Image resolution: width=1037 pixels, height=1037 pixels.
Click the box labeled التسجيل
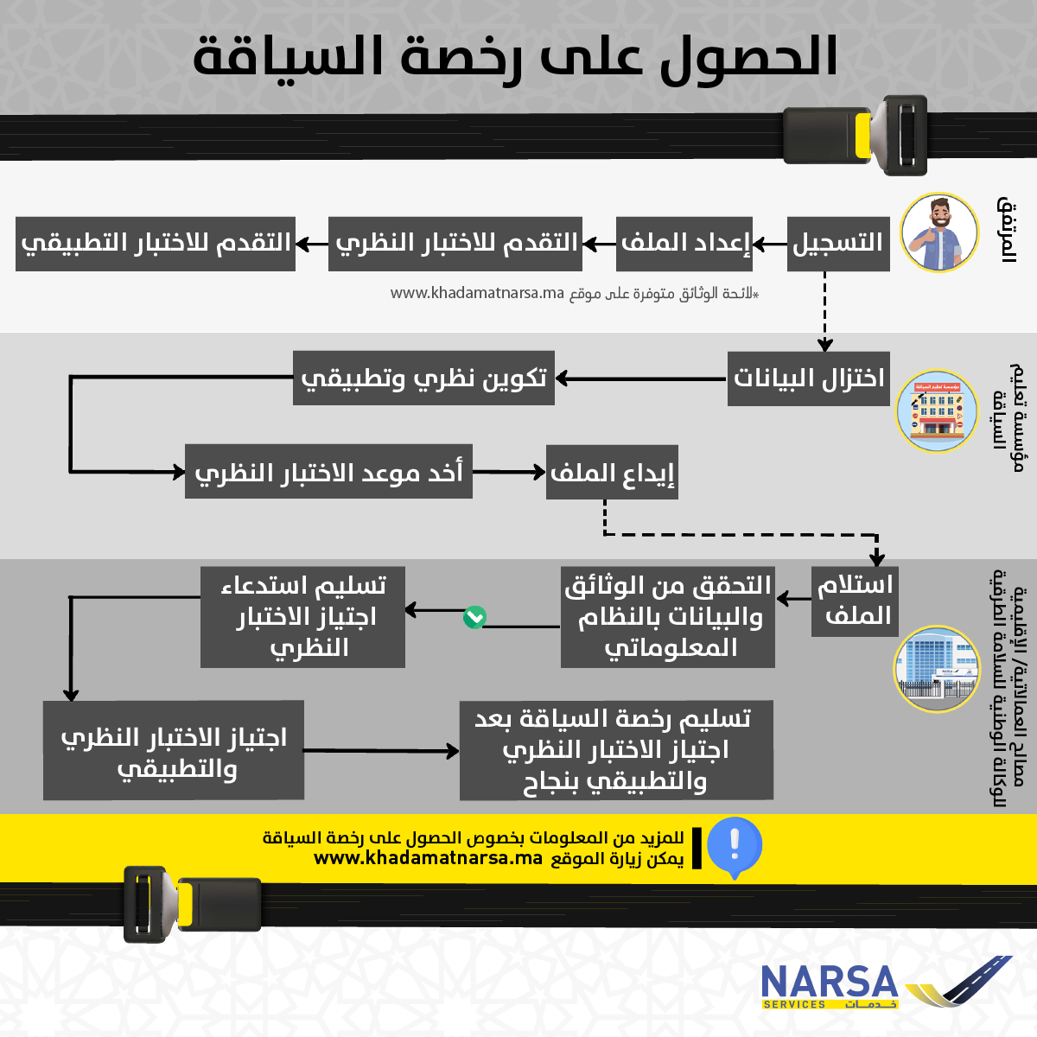tap(838, 244)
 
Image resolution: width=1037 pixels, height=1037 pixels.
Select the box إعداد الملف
tap(685, 244)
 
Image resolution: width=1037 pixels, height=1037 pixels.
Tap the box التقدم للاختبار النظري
tap(455, 244)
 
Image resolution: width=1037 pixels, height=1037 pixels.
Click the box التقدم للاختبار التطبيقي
tap(156, 244)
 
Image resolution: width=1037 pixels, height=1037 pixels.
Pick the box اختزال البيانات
tap(809, 379)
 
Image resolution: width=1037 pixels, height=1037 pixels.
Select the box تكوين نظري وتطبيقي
tap(423, 379)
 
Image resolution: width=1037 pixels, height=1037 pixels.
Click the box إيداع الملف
tap(612, 473)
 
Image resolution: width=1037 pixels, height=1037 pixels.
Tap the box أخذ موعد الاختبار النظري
tap(328, 473)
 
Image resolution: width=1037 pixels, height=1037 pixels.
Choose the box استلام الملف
tap(854, 601)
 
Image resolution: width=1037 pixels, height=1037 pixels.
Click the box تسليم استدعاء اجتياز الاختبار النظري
tap(302, 616)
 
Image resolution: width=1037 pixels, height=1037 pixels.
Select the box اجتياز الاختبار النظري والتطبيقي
tap(174, 750)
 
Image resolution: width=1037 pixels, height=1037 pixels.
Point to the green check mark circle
tap(474, 617)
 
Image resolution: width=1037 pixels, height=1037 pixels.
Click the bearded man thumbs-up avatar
tap(939, 232)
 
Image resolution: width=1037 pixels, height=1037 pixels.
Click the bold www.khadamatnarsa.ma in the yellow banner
tap(428, 859)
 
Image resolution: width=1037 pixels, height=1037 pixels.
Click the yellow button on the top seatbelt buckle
tap(862, 137)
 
